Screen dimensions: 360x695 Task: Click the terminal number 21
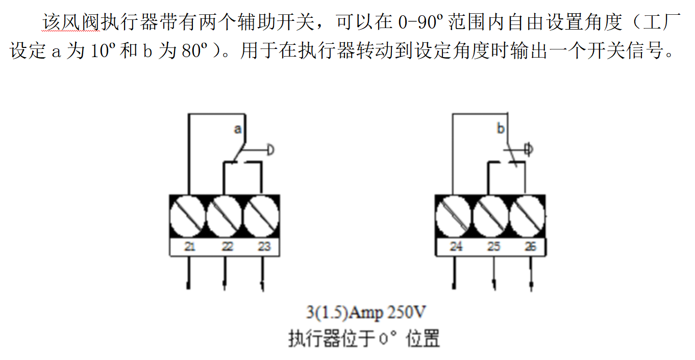(x=190, y=247)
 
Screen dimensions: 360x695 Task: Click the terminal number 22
(x=227, y=247)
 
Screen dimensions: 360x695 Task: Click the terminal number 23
(x=264, y=247)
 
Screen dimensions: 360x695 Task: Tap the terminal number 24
(x=456, y=247)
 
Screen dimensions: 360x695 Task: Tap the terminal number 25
(x=493, y=247)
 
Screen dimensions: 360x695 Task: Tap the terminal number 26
(x=531, y=247)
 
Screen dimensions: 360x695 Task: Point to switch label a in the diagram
(x=237, y=129)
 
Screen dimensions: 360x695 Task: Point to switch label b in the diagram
(x=501, y=128)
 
